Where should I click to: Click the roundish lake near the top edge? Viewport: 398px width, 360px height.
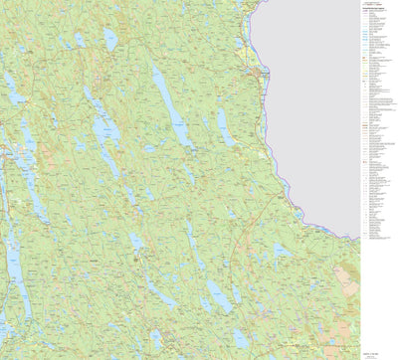pyautogui.click(x=110, y=38)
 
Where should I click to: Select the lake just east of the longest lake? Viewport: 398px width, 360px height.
pyautogui.click(x=225, y=129)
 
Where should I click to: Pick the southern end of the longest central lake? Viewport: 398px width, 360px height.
pyautogui.click(x=189, y=149)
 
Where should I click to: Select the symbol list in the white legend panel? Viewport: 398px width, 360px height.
pyautogui.click(x=377, y=149)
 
